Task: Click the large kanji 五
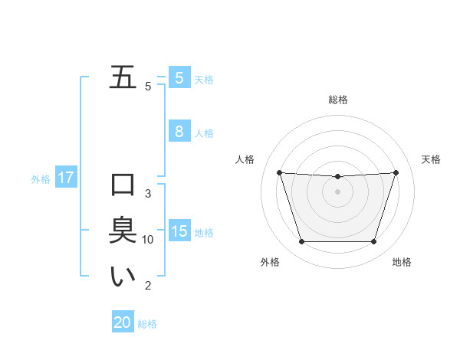123,77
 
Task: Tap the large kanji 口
123,185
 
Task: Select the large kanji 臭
123,231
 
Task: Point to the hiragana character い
123,277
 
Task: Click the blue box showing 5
179,78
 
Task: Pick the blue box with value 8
179,132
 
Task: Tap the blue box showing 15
179,231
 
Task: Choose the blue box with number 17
65,178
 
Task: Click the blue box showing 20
123,322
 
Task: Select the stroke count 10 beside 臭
148,240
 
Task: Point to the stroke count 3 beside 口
148,194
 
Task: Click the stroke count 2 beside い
148,286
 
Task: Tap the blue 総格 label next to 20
147,324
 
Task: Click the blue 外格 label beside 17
41,179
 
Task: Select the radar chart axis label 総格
337,100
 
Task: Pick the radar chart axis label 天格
431,159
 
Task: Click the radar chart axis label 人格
245,159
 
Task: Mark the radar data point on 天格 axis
396,172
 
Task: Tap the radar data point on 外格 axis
301,242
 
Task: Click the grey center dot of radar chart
337,191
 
